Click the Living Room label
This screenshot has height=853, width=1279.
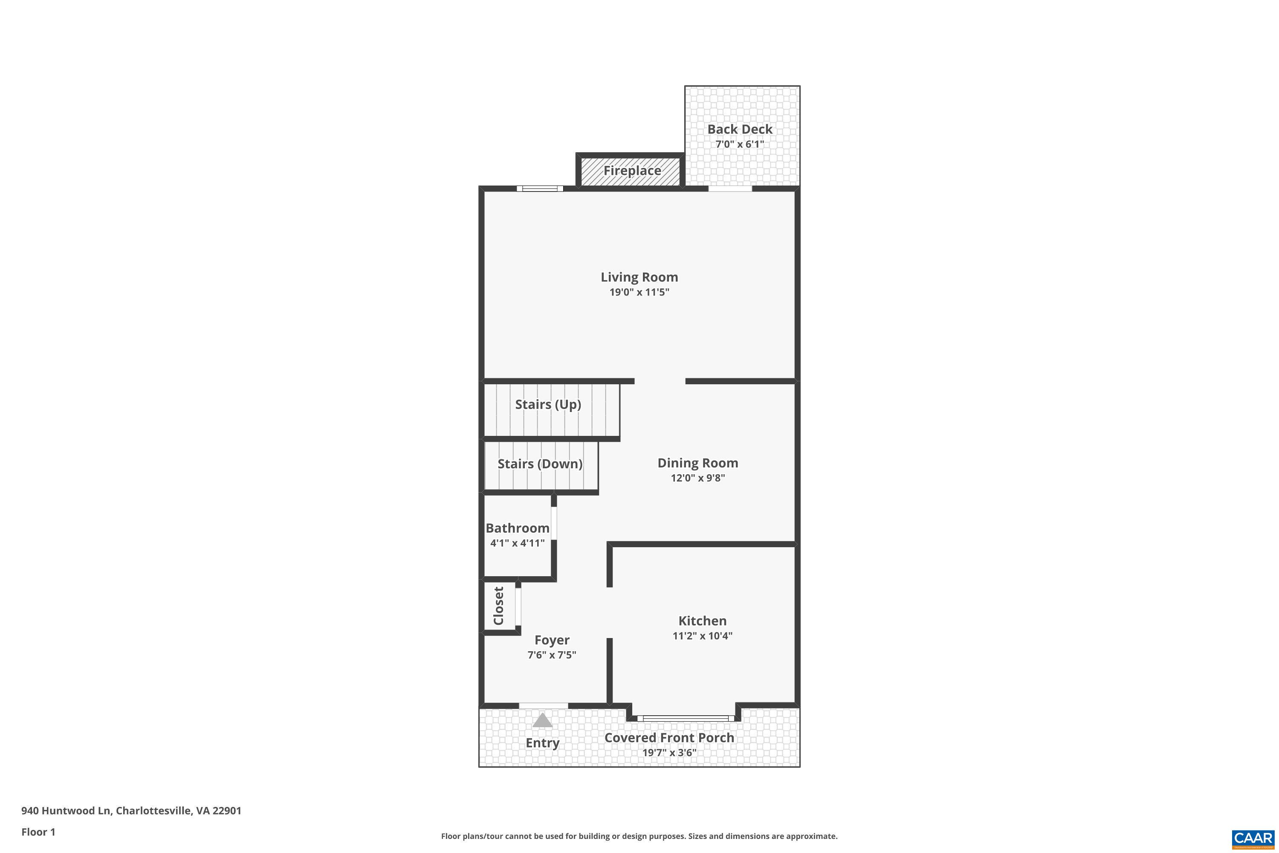tap(639, 278)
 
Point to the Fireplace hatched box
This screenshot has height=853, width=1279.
tap(631, 171)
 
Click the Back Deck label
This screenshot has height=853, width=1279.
tap(740, 130)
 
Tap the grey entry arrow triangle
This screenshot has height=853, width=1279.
tap(542, 721)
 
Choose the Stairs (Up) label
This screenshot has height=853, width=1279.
tap(548, 404)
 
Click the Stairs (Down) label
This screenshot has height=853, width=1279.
tap(540, 464)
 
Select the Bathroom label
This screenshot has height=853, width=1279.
tap(517, 528)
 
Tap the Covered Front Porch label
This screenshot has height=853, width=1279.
tap(669, 738)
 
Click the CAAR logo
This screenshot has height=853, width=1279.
tap(1253, 838)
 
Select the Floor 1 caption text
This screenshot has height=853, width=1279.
tap(38, 832)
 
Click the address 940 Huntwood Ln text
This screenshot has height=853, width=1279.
tap(131, 811)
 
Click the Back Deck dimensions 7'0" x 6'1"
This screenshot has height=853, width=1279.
tap(740, 144)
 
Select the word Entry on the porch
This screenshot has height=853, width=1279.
tap(542, 743)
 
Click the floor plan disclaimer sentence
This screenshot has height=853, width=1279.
tap(639, 836)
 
